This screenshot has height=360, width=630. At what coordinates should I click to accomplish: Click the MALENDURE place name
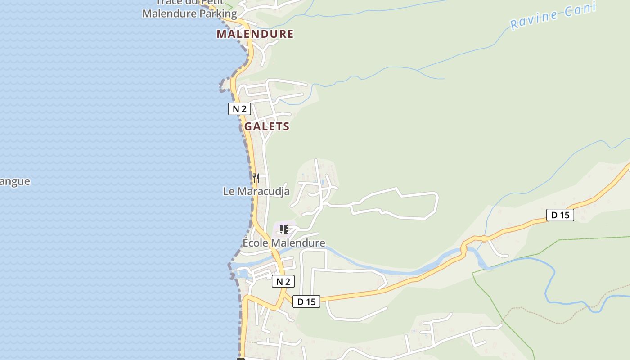tap(255, 34)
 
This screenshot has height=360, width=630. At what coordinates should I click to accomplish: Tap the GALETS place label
tap(267, 126)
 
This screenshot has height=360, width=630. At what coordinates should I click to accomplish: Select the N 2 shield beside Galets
tap(239, 109)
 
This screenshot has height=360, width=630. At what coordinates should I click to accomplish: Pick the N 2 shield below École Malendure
tap(283, 282)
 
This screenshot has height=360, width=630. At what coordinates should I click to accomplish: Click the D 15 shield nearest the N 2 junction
tap(306, 301)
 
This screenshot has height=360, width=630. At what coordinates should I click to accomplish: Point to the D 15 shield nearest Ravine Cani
tap(560, 215)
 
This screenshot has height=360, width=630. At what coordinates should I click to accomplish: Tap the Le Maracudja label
tap(256, 191)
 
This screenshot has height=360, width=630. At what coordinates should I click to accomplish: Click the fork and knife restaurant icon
tap(256, 178)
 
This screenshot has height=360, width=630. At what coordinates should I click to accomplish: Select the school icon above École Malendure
tap(283, 230)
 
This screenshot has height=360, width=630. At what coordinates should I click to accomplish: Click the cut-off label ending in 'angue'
tap(15, 181)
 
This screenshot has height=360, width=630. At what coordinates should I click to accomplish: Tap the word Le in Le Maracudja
tap(229, 191)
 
